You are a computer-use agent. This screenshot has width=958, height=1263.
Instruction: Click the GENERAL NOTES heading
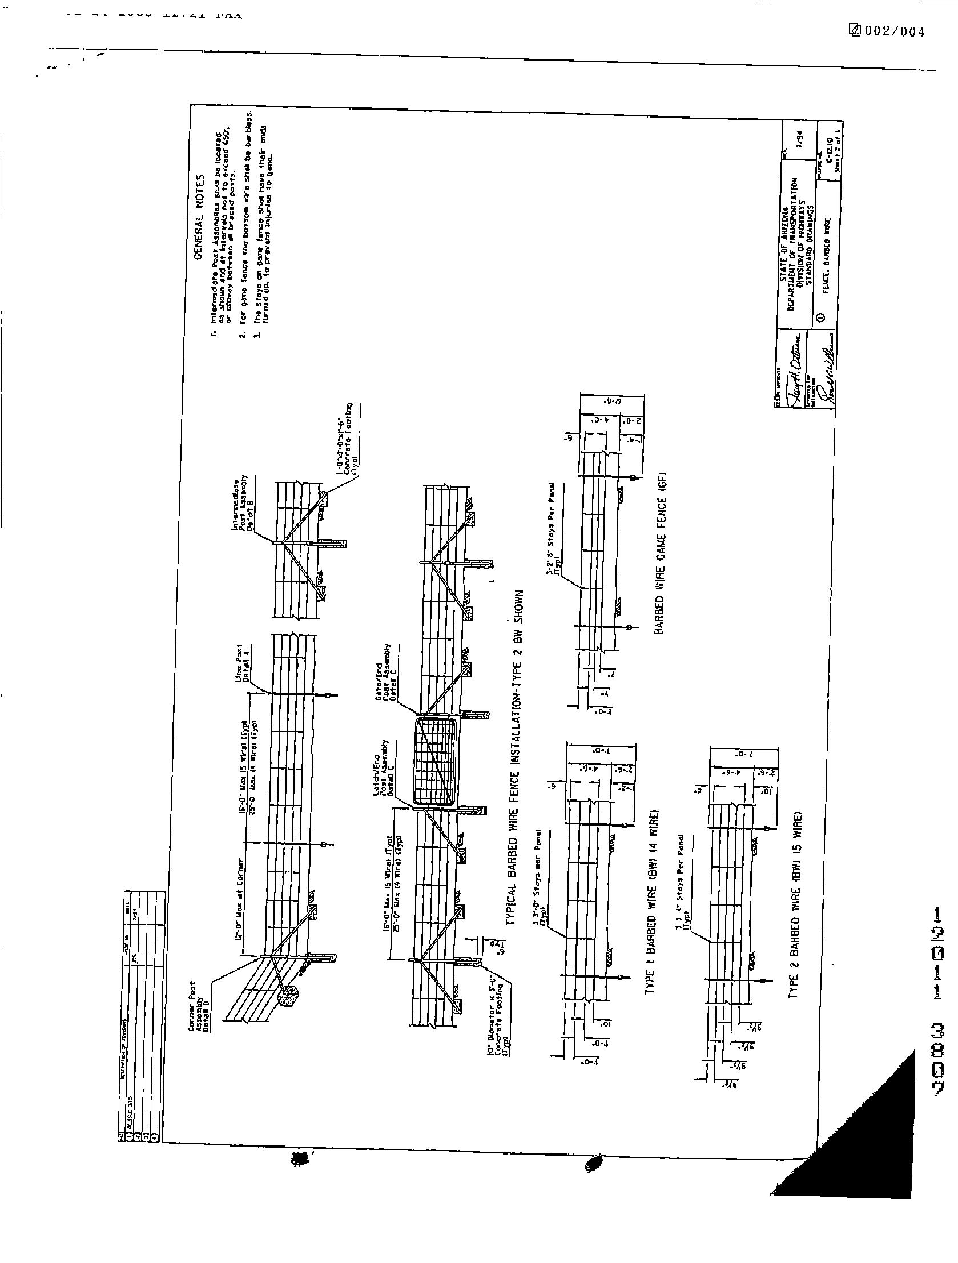pos(199,216)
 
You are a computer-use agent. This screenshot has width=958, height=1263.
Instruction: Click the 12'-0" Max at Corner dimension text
pos(241,908)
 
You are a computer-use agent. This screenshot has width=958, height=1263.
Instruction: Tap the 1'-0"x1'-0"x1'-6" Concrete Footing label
pos(348,440)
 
